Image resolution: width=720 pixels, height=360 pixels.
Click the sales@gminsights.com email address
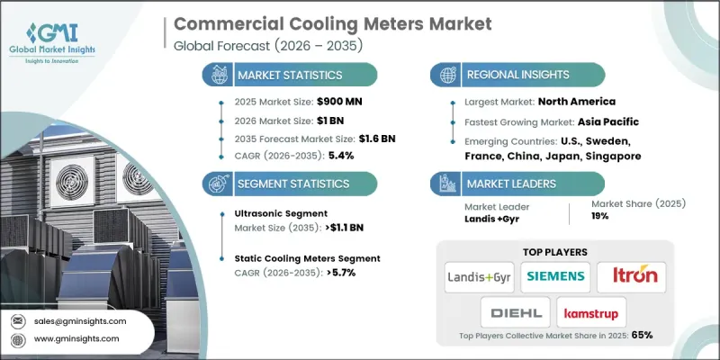(81, 321)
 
